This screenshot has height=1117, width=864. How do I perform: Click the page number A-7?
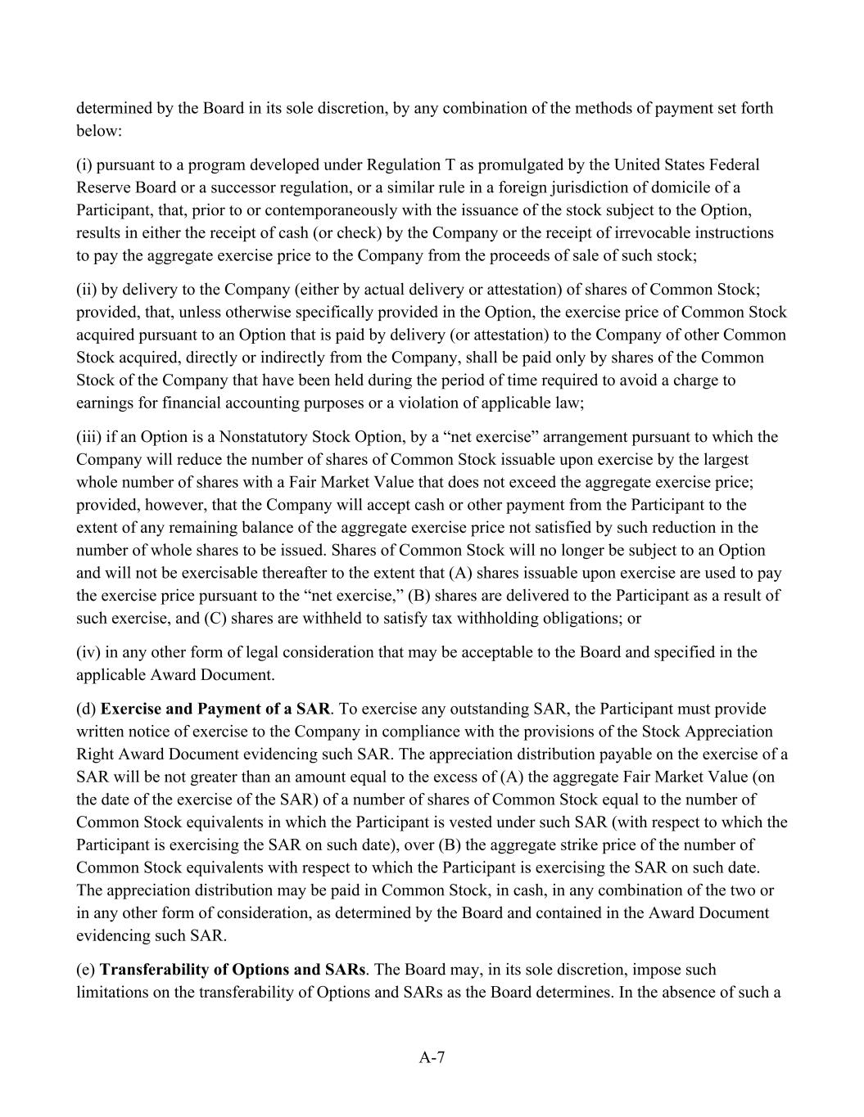[432, 1057]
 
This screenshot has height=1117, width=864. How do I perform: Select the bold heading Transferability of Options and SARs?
[233, 970]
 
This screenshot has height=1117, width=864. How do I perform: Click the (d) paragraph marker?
[86, 709]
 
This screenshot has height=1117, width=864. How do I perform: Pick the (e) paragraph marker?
[86, 970]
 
